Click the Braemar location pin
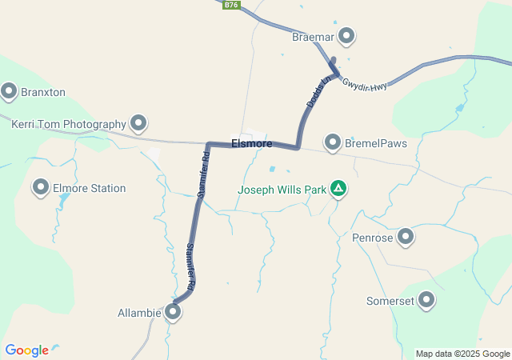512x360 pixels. click(x=346, y=35)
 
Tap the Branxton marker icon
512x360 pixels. click(x=10, y=91)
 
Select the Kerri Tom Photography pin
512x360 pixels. click(x=139, y=123)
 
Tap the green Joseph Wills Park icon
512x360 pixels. click(x=338, y=189)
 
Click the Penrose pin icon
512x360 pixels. click(x=406, y=236)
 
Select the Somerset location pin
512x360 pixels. click(x=426, y=300)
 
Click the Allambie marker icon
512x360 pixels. click(x=173, y=312)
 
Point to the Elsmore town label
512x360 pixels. click(x=251, y=144)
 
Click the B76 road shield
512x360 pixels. click(x=231, y=5)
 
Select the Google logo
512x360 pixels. click(x=26, y=350)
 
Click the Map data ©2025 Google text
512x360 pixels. click(x=462, y=354)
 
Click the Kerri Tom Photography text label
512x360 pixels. click(x=69, y=125)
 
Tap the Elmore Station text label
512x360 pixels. click(x=90, y=189)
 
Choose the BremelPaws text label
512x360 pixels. click(x=376, y=144)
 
